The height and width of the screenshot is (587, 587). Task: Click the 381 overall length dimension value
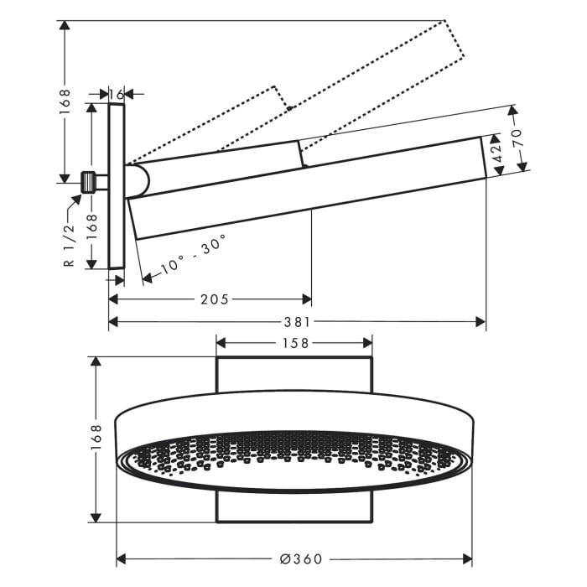point(297,322)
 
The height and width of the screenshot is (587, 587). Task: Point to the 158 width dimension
point(294,342)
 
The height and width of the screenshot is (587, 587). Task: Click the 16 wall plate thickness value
point(117,94)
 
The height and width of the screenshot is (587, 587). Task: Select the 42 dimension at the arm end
point(496,157)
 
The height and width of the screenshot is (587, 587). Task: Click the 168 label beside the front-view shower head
point(96,439)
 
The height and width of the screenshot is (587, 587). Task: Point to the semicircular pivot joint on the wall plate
point(138,179)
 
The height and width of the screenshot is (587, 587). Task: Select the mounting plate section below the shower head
point(293,508)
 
